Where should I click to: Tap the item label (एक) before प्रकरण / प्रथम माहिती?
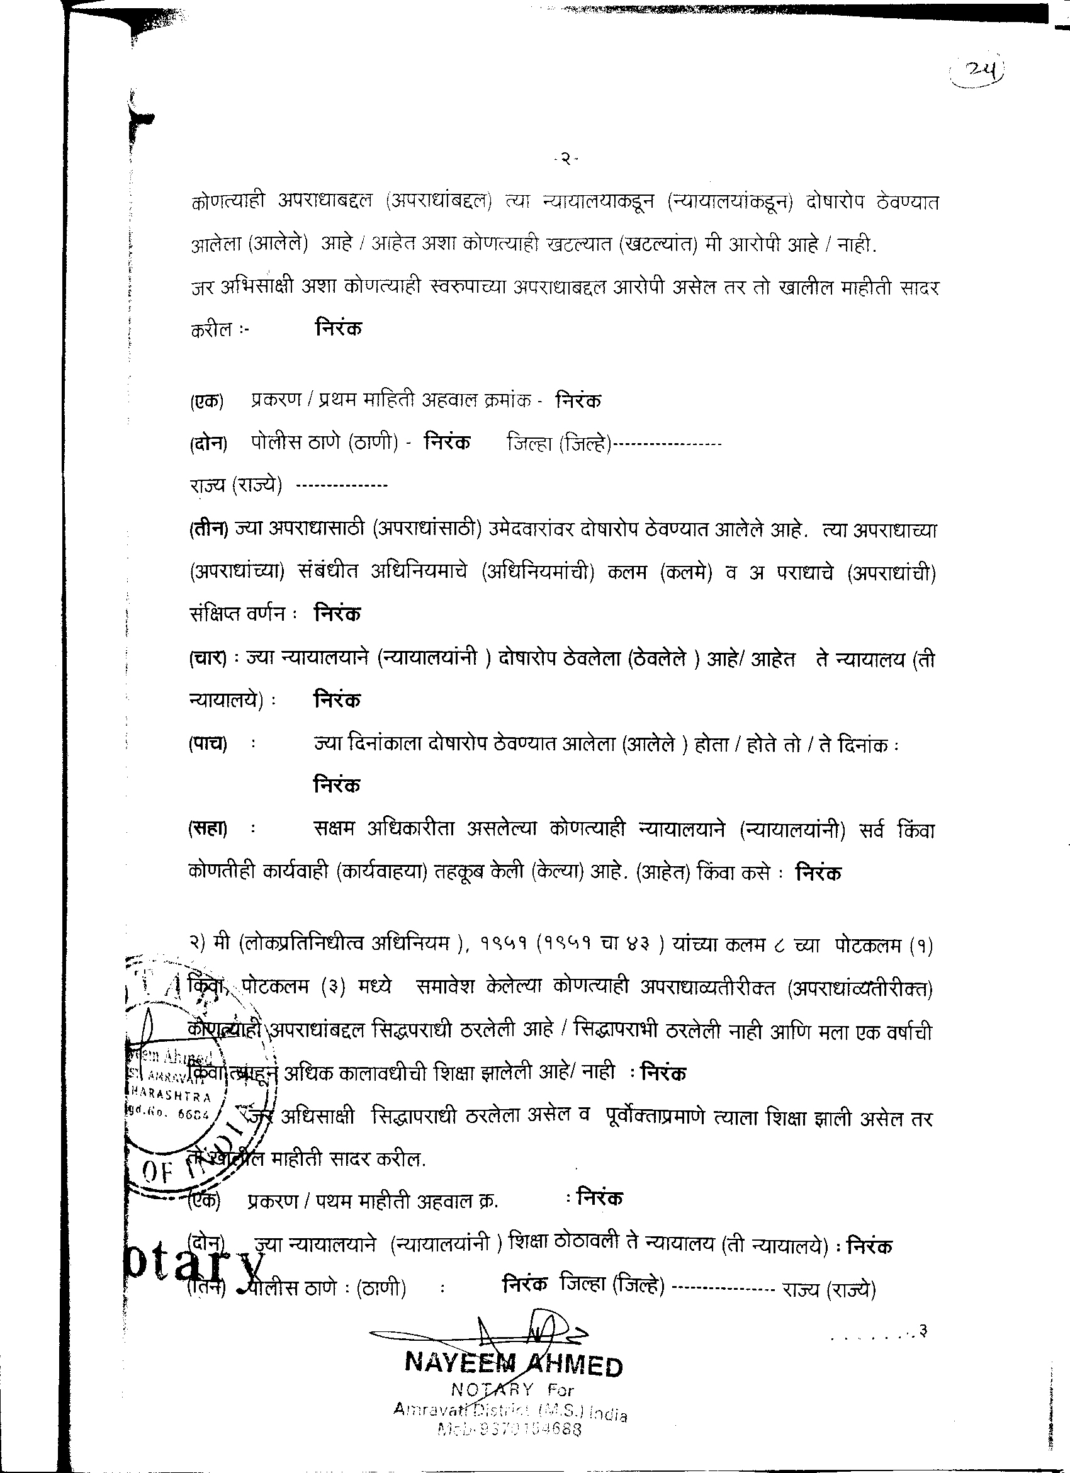pos(206,402)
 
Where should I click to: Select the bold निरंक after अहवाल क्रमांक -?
pos(578,401)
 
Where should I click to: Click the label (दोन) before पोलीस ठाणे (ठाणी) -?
pos(208,444)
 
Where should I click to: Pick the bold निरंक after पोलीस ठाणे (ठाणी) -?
pos(448,443)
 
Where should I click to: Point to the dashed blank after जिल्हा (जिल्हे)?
pos(667,445)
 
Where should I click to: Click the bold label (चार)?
pos(208,659)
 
